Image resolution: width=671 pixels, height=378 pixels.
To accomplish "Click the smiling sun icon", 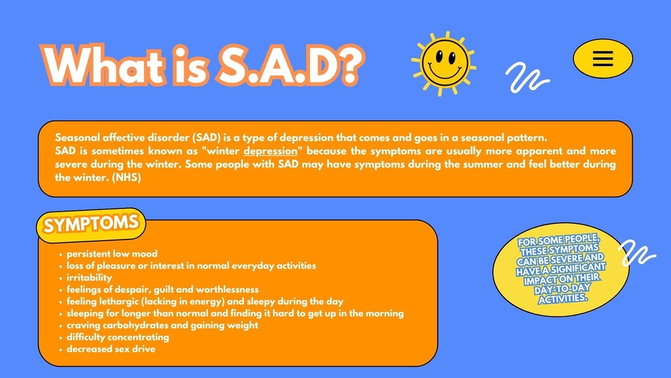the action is (x=444, y=64).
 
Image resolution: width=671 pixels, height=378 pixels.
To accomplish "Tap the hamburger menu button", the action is (x=603, y=58).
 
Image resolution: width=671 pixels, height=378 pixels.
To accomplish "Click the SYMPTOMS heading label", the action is (x=91, y=224).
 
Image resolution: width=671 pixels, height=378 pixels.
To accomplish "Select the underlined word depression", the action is (x=271, y=151).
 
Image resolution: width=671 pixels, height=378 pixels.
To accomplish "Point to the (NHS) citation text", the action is (x=126, y=177).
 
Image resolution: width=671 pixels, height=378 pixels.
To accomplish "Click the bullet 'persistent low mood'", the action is (x=112, y=254).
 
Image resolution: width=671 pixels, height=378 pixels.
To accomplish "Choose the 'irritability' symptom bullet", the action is (x=89, y=278).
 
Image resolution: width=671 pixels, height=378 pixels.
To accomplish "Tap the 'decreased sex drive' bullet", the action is (x=111, y=349).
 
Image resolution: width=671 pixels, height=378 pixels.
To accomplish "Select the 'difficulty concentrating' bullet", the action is (x=118, y=337).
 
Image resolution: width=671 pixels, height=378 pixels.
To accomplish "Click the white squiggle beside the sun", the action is (x=527, y=77).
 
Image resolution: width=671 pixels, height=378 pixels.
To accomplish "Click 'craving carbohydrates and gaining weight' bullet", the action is (x=163, y=325).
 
